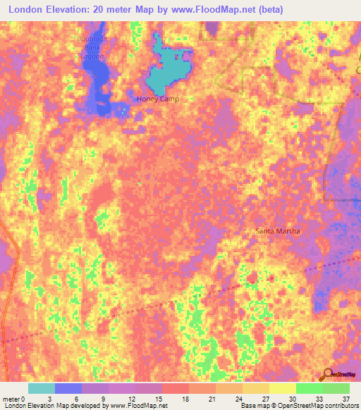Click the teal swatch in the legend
41,388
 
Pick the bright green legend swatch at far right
336,388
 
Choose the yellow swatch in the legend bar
282,388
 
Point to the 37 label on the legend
345,398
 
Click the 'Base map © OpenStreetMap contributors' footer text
299,406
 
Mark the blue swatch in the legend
68,388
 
